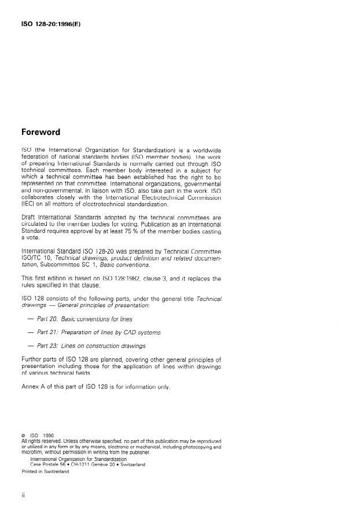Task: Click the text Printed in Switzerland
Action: pos(45,471)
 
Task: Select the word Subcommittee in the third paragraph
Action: pos(63,265)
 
